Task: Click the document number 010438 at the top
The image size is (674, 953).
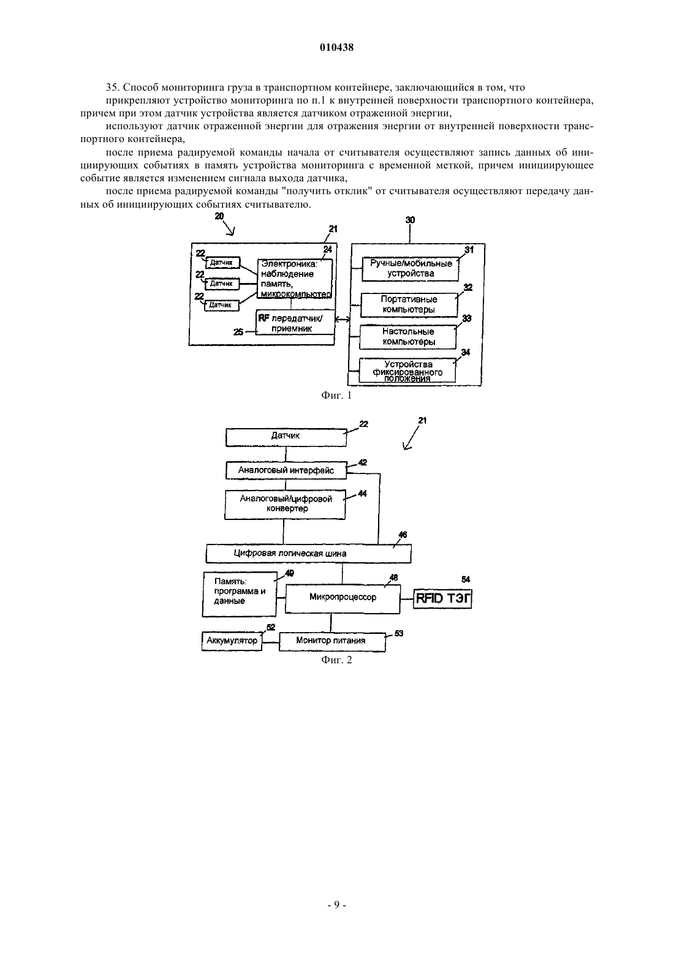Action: pos(336,47)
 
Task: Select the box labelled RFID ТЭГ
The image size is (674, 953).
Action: pos(443,599)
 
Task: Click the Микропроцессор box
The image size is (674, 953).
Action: pos(343,599)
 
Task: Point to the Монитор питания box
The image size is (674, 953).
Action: pos(332,642)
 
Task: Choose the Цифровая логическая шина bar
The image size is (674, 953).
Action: pos(308,554)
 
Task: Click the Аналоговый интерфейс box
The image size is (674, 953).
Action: pos(286,470)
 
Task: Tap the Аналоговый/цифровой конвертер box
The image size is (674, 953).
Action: pos(285,505)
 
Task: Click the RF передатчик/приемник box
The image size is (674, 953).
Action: pos(295,323)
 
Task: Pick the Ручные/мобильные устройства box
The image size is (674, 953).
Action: pos(410,268)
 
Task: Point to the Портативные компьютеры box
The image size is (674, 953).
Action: pos(409,304)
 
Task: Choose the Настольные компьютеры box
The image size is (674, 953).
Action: pos(407,336)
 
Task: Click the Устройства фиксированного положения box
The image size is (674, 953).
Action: pos(407,371)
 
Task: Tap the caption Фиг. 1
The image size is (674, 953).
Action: pos(336,396)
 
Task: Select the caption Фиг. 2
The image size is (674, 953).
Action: pos(336,660)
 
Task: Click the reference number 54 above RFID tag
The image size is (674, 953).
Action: pos(466,579)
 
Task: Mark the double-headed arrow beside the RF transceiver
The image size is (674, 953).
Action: pos(343,320)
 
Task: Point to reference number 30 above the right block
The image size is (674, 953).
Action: pos(410,220)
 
